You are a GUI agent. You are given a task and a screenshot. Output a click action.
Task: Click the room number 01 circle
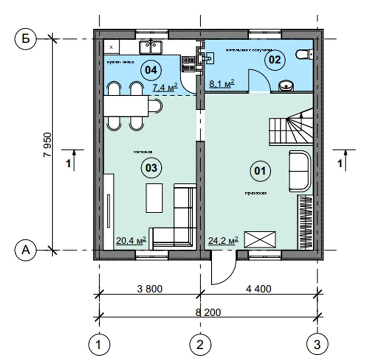(260, 171)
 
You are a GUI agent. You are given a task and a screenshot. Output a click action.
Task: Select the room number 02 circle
(275, 59)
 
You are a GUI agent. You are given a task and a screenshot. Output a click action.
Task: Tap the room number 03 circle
(151, 168)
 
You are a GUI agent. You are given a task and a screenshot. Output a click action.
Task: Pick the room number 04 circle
(151, 70)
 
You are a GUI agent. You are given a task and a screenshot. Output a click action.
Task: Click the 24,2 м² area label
(223, 241)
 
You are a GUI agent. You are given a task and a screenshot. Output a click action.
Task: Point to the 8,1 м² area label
(222, 83)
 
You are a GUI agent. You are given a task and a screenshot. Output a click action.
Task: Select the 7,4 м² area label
(165, 87)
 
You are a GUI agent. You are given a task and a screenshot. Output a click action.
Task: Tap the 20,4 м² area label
(131, 240)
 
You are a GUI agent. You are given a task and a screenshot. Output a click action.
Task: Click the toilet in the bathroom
(305, 54)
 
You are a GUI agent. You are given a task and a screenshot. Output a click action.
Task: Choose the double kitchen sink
(151, 47)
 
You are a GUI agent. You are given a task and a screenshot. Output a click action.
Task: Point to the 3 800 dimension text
(150, 289)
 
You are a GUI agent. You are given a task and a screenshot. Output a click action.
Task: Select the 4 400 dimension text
(258, 289)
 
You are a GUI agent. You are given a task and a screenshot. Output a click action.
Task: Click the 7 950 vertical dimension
(47, 145)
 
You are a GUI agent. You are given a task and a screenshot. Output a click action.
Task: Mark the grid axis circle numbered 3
(317, 344)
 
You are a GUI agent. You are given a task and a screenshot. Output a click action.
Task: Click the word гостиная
(143, 152)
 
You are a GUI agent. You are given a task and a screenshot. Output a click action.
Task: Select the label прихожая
(256, 193)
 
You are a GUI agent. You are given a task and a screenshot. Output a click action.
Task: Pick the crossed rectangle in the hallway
(260, 240)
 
